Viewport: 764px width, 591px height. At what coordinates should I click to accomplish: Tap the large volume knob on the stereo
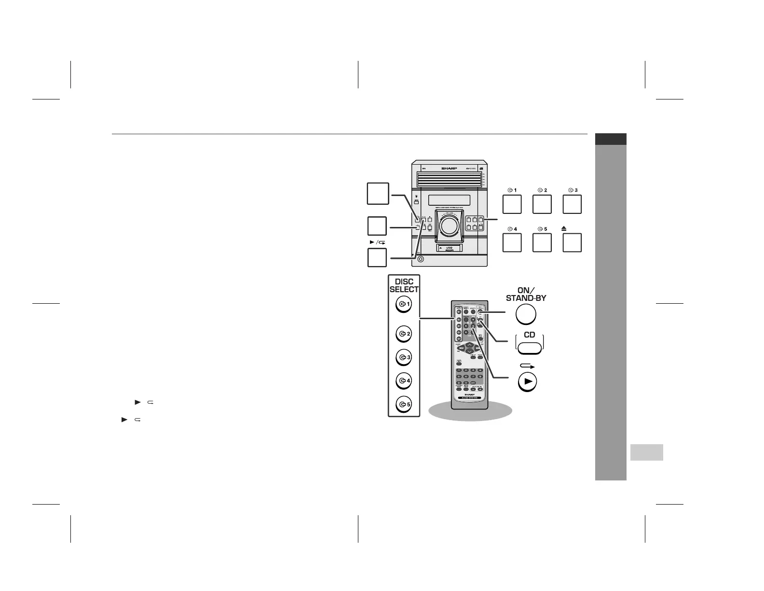[448, 226]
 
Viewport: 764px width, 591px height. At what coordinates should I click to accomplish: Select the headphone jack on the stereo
[421, 259]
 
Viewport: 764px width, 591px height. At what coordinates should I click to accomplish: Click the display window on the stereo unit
[449, 200]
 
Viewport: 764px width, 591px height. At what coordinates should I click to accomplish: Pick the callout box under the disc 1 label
[512, 204]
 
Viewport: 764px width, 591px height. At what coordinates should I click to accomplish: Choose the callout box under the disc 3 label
[572, 204]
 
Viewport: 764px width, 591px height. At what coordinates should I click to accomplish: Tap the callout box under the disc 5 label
[542, 242]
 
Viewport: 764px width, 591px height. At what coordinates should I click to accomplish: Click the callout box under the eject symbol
[572, 242]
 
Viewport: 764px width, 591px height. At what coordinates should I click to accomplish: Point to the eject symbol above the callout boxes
[564, 229]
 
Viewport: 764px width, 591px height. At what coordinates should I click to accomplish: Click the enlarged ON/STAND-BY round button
[526, 315]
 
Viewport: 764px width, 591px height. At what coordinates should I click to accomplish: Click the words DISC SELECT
[404, 285]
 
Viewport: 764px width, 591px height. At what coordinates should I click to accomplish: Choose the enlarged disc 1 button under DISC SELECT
[403, 304]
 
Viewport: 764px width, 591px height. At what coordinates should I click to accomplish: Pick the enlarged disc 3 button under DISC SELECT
[403, 358]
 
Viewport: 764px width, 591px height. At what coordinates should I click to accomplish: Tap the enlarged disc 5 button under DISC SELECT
[403, 405]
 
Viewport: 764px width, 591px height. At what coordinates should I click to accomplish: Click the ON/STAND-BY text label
[526, 294]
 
